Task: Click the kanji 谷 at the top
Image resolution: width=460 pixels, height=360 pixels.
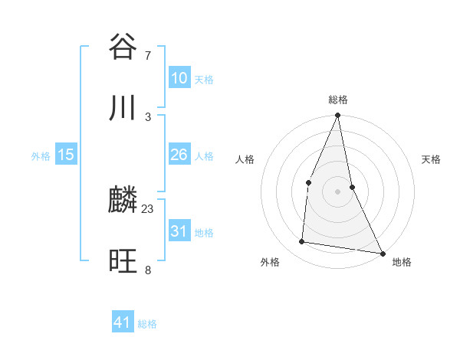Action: pyautogui.click(x=123, y=47)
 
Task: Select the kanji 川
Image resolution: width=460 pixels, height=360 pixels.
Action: pyautogui.click(x=123, y=107)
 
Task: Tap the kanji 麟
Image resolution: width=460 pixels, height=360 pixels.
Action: pyautogui.click(x=123, y=201)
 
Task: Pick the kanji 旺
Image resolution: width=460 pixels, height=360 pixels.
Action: pyautogui.click(x=123, y=262)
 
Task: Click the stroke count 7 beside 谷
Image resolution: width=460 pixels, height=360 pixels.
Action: pyautogui.click(x=148, y=56)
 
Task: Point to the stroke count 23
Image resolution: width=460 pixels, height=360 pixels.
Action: pyautogui.click(x=148, y=209)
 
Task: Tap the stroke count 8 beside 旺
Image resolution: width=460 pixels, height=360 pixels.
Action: pyautogui.click(x=148, y=270)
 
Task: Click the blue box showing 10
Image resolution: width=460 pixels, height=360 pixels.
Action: pyautogui.click(x=179, y=78)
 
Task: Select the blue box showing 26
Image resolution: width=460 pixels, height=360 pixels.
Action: pyautogui.click(x=179, y=155)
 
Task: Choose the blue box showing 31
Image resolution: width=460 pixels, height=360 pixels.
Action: pyautogui.click(x=179, y=231)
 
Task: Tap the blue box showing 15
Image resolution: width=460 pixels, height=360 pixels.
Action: pyautogui.click(x=66, y=155)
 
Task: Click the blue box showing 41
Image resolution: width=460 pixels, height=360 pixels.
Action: pyautogui.click(x=123, y=322)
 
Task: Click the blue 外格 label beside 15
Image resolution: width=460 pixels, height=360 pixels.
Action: pyautogui.click(x=41, y=156)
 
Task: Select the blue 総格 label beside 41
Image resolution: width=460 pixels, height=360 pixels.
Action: pyautogui.click(x=147, y=324)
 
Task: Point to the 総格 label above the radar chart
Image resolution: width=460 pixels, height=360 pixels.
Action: pyautogui.click(x=338, y=100)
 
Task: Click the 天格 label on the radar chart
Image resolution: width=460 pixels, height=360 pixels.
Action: pyautogui.click(x=432, y=159)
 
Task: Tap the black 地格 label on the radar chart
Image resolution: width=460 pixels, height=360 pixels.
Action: pyautogui.click(x=402, y=262)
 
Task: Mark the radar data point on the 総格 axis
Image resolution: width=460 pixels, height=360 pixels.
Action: pyautogui.click(x=338, y=116)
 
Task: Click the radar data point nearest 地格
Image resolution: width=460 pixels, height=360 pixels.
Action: pyautogui.click(x=383, y=253)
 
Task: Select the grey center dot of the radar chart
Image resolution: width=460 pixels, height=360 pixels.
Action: pyautogui.click(x=338, y=191)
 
